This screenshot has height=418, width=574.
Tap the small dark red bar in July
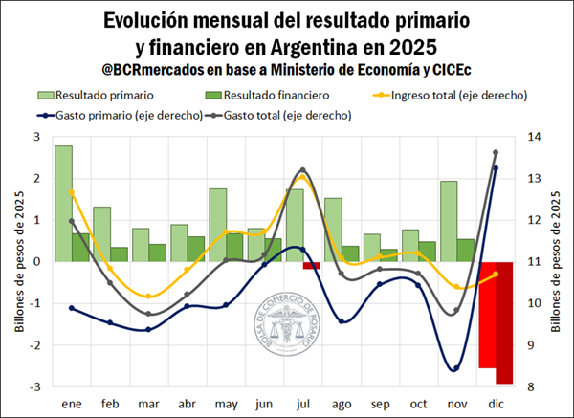point(311,265)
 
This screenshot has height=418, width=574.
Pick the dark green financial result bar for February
point(119,254)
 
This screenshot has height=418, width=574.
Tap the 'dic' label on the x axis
point(495,405)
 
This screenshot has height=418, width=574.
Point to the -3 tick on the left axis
point(36,387)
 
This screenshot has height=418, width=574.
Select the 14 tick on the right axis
point(532,138)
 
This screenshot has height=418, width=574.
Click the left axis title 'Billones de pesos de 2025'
point(18,262)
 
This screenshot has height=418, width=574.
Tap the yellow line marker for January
point(72,192)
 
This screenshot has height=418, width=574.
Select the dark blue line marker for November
point(456,368)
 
